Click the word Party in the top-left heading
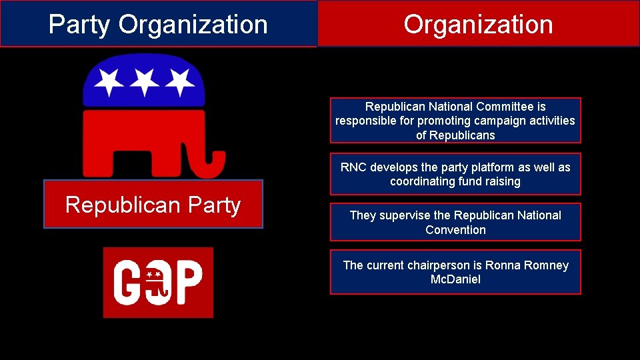pos(81,25)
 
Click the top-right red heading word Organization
pos(478,25)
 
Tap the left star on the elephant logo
pos(109,82)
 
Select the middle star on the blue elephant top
pos(145,82)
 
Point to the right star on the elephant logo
pos(179,82)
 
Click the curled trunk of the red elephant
pos(211,163)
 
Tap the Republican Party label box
pos(153,205)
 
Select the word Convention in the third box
pos(455,230)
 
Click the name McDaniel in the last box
pos(455,279)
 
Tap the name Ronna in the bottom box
pos(502,265)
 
